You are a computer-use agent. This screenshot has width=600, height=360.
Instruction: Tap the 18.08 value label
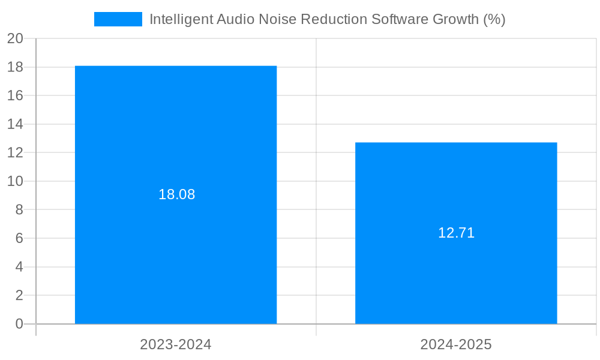[176, 194]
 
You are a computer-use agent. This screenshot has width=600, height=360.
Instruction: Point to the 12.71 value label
[456, 233]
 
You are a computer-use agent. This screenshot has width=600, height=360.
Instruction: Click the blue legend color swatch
[118, 19]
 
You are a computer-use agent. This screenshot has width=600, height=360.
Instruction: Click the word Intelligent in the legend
[178, 19]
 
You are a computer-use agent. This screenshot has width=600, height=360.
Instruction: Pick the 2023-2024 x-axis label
[176, 344]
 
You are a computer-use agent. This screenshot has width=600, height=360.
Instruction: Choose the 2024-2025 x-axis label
[456, 344]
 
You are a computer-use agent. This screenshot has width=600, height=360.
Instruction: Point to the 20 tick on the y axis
[15, 38]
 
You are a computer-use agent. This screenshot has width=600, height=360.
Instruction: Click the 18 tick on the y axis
[15, 67]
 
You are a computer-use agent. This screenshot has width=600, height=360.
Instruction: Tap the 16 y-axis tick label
[15, 95]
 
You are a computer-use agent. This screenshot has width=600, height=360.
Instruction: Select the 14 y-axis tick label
[15, 124]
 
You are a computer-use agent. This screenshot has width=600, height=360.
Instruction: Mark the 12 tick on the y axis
[15, 152]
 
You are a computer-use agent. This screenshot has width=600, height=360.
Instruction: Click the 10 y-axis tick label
[15, 181]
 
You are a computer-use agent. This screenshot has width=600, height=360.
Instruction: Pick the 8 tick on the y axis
[19, 209]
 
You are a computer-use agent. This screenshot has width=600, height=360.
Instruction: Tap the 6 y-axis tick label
[19, 238]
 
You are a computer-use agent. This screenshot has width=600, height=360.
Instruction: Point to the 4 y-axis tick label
[19, 266]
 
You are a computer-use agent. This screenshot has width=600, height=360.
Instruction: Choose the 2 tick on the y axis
[19, 295]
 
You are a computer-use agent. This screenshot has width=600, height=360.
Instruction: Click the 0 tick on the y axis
[19, 324]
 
